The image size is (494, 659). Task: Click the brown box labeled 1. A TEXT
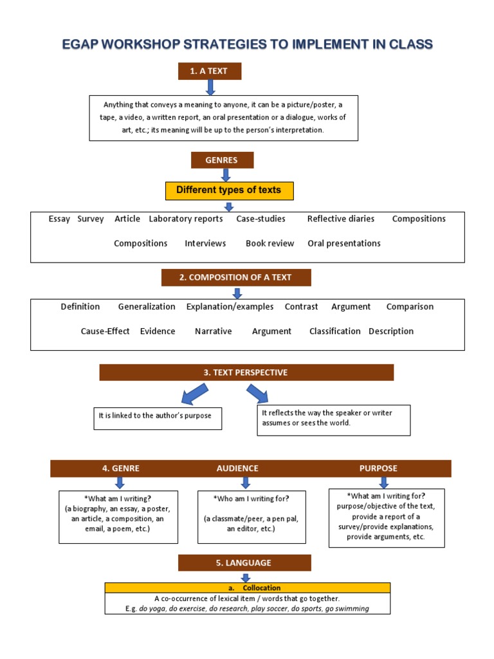point(209,71)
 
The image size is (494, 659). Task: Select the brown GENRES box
point(222,160)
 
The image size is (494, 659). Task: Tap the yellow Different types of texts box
point(228,190)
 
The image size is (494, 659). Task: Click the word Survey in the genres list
point(91,219)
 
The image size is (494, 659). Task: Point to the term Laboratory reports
point(186,219)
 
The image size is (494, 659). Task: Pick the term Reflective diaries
point(340,219)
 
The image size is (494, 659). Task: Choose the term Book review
point(270,243)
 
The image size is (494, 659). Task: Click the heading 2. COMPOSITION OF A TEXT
point(235,277)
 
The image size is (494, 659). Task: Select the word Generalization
point(147,307)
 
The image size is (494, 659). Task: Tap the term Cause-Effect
point(105,331)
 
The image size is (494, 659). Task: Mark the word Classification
point(334,331)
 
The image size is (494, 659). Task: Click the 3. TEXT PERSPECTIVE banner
point(246,373)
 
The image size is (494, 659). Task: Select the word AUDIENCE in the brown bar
point(237,469)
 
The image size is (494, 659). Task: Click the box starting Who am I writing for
point(251,516)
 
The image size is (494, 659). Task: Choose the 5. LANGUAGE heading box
point(244,563)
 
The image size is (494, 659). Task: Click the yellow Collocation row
point(248,588)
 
